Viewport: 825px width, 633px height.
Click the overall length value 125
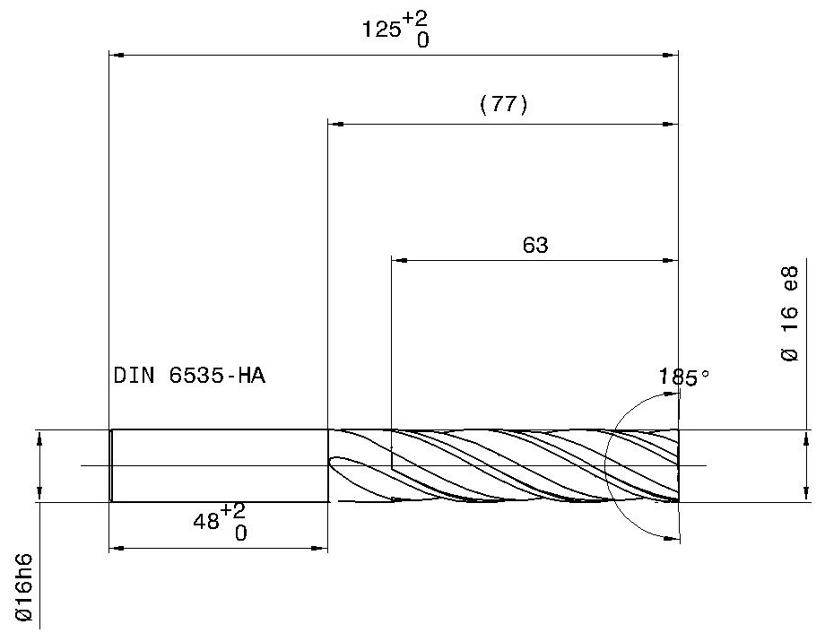click(x=381, y=30)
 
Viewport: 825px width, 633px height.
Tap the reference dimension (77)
click(x=504, y=104)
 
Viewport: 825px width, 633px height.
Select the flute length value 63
click(x=535, y=245)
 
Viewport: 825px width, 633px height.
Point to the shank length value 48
click(x=206, y=522)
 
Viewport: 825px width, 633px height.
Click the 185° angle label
click(x=684, y=377)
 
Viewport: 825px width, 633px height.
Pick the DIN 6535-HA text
click(x=189, y=376)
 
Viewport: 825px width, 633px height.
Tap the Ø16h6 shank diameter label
click(x=24, y=586)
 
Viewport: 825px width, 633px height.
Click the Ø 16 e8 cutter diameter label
click(x=789, y=314)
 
